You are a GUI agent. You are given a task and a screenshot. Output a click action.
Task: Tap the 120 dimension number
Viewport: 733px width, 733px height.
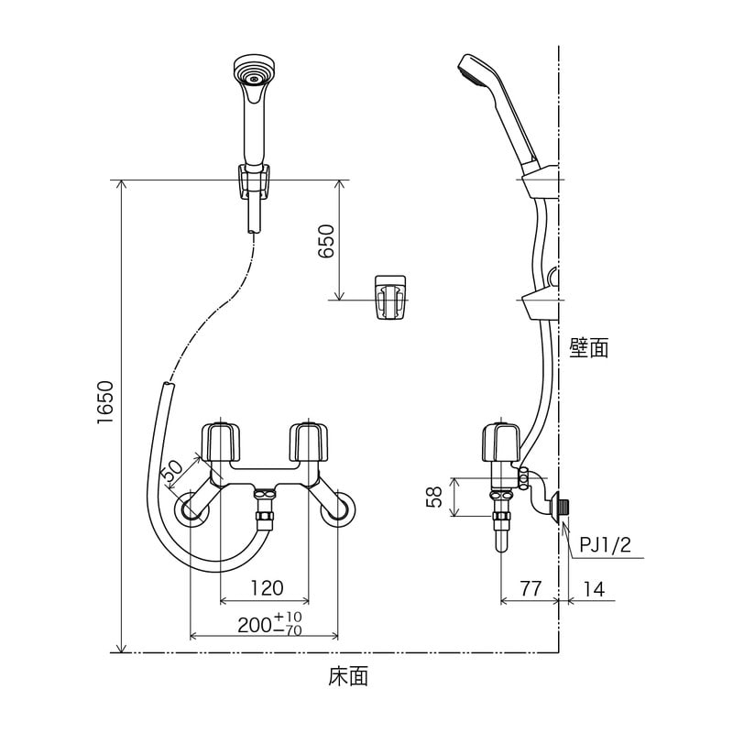tap(266, 587)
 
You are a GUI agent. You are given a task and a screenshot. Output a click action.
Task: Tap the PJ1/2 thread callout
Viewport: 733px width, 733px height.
tap(604, 546)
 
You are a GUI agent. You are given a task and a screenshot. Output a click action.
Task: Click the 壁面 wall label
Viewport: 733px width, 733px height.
tap(588, 347)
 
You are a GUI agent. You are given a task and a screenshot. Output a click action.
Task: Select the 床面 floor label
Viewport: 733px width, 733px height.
tap(348, 677)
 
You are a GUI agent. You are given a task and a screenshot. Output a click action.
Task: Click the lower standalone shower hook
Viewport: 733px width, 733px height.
tap(390, 298)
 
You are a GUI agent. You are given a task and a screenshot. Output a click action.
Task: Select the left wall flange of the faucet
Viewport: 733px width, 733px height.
tap(193, 509)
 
